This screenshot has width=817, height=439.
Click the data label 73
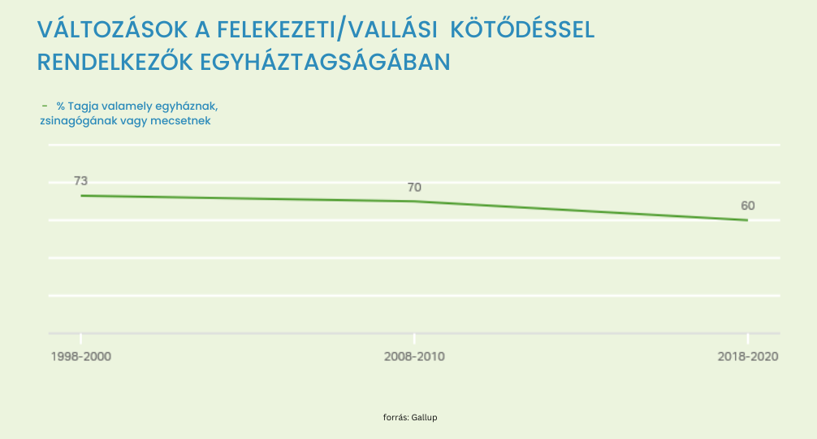pyautogui.click(x=80, y=180)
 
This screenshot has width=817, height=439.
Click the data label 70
pyautogui.click(x=414, y=187)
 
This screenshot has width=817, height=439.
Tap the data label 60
pyautogui.click(x=747, y=206)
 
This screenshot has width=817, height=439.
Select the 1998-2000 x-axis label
pyautogui.click(x=80, y=357)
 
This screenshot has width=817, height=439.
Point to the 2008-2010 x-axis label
pyautogui.click(x=414, y=357)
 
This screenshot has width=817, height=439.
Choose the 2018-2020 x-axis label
pyautogui.click(x=748, y=357)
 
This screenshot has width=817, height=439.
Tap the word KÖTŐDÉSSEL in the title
pyautogui.click(x=521, y=30)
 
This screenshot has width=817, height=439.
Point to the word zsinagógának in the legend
pyautogui.click(x=75, y=121)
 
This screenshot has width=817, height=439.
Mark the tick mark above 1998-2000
pyautogui.click(x=80, y=338)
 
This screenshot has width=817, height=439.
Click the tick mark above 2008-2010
pyautogui.click(x=414, y=338)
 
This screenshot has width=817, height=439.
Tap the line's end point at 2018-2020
pyautogui.click(x=747, y=219)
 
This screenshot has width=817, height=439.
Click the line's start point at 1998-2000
pyautogui.click(x=80, y=195)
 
